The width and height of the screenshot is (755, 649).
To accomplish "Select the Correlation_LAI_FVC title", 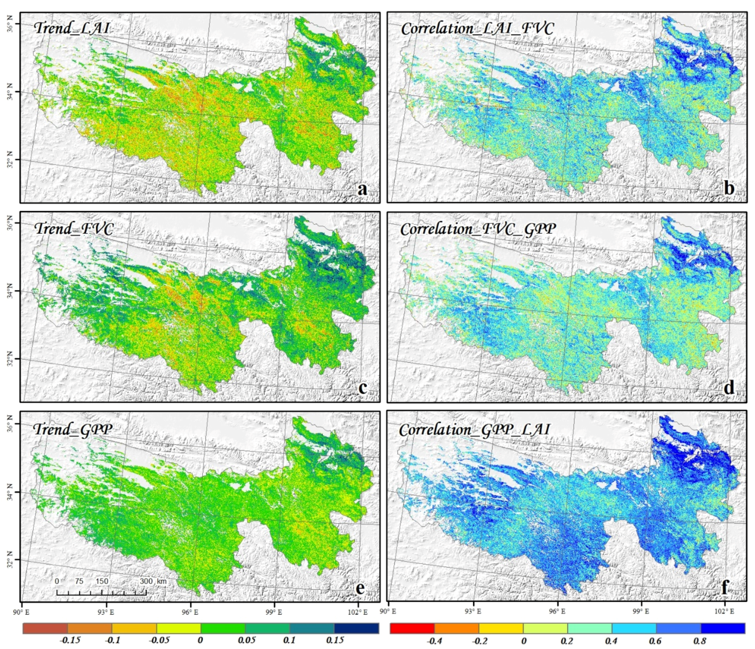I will pyautogui.click(x=477, y=28).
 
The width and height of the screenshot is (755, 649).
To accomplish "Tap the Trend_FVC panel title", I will pyautogui.click(x=74, y=228).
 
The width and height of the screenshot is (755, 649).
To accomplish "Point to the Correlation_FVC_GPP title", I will pyautogui.click(x=478, y=229).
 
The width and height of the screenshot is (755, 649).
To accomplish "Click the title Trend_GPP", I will pyautogui.click(x=73, y=429).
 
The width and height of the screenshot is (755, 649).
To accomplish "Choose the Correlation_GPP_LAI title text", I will pyautogui.click(x=474, y=429).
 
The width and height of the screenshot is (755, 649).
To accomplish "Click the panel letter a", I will pyautogui.click(x=362, y=189).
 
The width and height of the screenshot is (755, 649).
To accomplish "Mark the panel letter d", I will pyautogui.click(x=729, y=388).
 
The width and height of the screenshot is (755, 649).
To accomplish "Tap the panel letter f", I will pyautogui.click(x=725, y=587).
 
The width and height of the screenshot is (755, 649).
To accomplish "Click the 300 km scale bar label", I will pyautogui.click(x=153, y=581).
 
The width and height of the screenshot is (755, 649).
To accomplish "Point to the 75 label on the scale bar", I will pyautogui.click(x=79, y=581).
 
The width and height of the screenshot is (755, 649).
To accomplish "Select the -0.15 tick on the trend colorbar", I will pyautogui.click(x=70, y=640).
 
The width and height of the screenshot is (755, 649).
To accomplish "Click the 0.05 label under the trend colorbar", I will pyautogui.click(x=246, y=640).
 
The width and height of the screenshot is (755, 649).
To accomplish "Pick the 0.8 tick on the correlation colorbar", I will pyautogui.click(x=700, y=641).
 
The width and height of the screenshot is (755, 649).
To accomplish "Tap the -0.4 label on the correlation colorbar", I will pyautogui.click(x=434, y=641).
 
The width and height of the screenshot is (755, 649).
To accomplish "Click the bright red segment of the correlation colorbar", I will pyautogui.click(x=412, y=628).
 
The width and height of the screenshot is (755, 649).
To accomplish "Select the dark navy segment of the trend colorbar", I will pyautogui.click(x=356, y=628).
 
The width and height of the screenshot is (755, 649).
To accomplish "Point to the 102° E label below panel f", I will pyautogui.click(x=724, y=611).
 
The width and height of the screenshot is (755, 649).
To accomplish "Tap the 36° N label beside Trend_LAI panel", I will pyautogui.click(x=10, y=23).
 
